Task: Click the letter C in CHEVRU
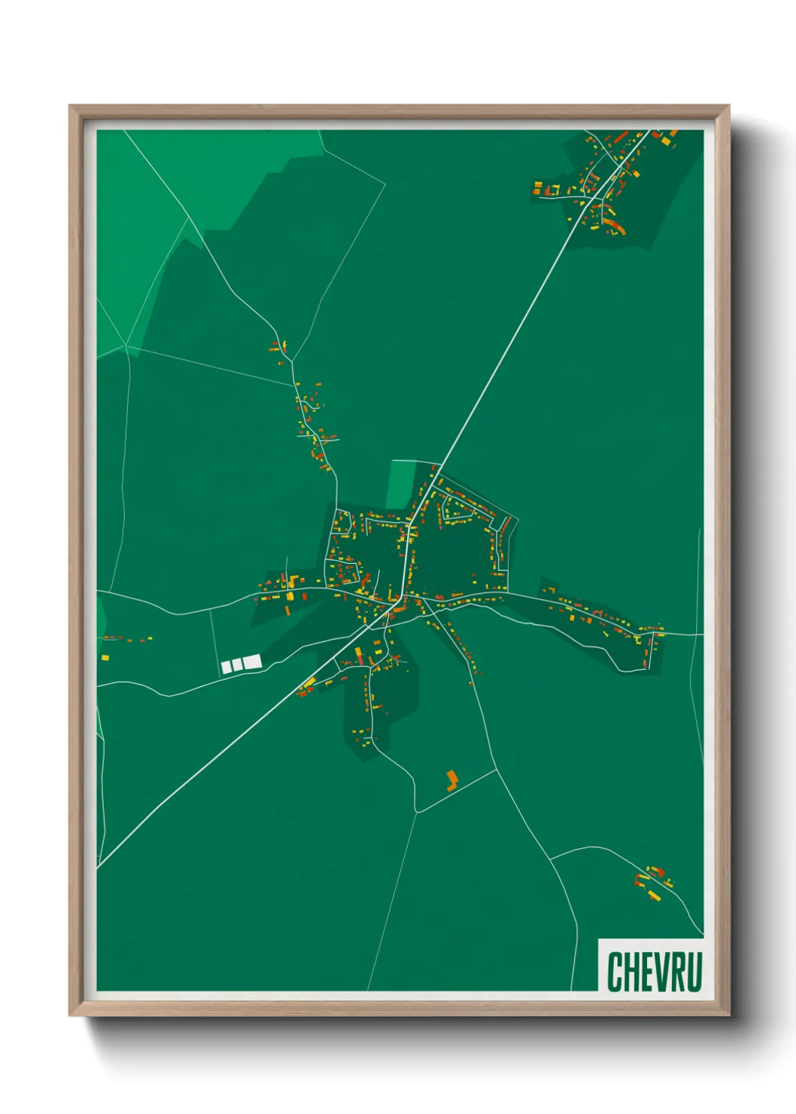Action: click(615, 972)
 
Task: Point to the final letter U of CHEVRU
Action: click(693, 972)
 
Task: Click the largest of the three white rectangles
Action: click(252, 662)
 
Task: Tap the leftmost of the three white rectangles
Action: click(226, 667)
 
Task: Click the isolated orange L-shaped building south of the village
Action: click(451, 780)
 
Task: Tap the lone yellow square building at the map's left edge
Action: click(105, 658)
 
